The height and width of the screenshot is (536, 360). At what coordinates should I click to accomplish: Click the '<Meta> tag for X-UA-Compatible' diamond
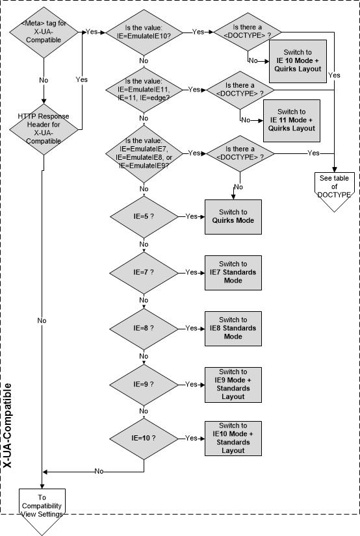[44, 32]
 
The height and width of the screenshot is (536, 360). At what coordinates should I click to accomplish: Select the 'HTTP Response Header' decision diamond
[44, 129]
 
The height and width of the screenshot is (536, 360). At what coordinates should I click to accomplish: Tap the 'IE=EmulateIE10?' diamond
[144, 32]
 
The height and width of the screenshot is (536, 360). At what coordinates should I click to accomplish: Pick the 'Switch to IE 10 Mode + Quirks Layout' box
[298, 61]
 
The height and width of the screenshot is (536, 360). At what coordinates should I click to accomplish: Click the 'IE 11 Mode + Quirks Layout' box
[292, 121]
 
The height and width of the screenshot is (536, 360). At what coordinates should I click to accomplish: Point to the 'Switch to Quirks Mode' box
[233, 217]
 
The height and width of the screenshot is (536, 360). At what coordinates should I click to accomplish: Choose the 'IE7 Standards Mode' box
[233, 273]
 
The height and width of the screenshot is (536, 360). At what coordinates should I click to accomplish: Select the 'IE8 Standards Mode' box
[233, 329]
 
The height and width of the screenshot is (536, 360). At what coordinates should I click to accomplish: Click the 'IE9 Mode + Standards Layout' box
[233, 385]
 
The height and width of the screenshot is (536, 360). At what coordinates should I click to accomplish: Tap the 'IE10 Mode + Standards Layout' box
[233, 439]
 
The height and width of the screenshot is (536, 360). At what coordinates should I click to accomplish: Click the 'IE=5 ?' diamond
[144, 217]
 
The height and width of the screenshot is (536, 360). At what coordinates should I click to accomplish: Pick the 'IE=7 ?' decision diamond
[144, 273]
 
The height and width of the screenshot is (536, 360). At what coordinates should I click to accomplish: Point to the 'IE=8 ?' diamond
[144, 329]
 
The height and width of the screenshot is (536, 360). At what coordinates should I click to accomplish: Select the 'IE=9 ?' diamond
[144, 385]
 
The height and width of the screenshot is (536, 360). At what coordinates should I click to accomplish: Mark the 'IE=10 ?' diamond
[144, 439]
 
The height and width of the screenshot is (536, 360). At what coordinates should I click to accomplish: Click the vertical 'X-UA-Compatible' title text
[8, 426]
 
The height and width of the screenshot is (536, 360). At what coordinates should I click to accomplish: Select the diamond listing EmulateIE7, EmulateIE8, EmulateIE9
[144, 153]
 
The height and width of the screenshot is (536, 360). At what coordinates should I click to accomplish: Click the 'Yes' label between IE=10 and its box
[191, 438]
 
